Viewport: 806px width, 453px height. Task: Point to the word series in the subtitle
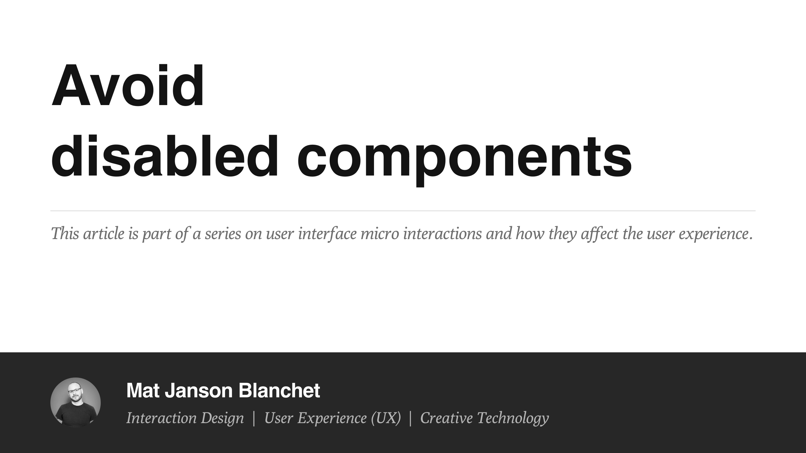(x=223, y=233)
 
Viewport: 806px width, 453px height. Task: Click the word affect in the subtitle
(x=599, y=233)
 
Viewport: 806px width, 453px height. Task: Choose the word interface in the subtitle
(x=327, y=233)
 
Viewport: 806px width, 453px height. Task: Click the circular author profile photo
(x=76, y=402)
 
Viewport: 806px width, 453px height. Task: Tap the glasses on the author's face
(x=75, y=391)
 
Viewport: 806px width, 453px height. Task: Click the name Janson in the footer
(x=199, y=390)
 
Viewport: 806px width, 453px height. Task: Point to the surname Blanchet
(x=279, y=390)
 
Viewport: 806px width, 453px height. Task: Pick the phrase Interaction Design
(x=185, y=418)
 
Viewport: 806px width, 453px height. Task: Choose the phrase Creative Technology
(x=484, y=418)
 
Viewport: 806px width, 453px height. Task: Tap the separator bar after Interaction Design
(x=254, y=418)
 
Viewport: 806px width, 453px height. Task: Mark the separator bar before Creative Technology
(x=410, y=418)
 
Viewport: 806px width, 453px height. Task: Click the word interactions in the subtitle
(x=442, y=233)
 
